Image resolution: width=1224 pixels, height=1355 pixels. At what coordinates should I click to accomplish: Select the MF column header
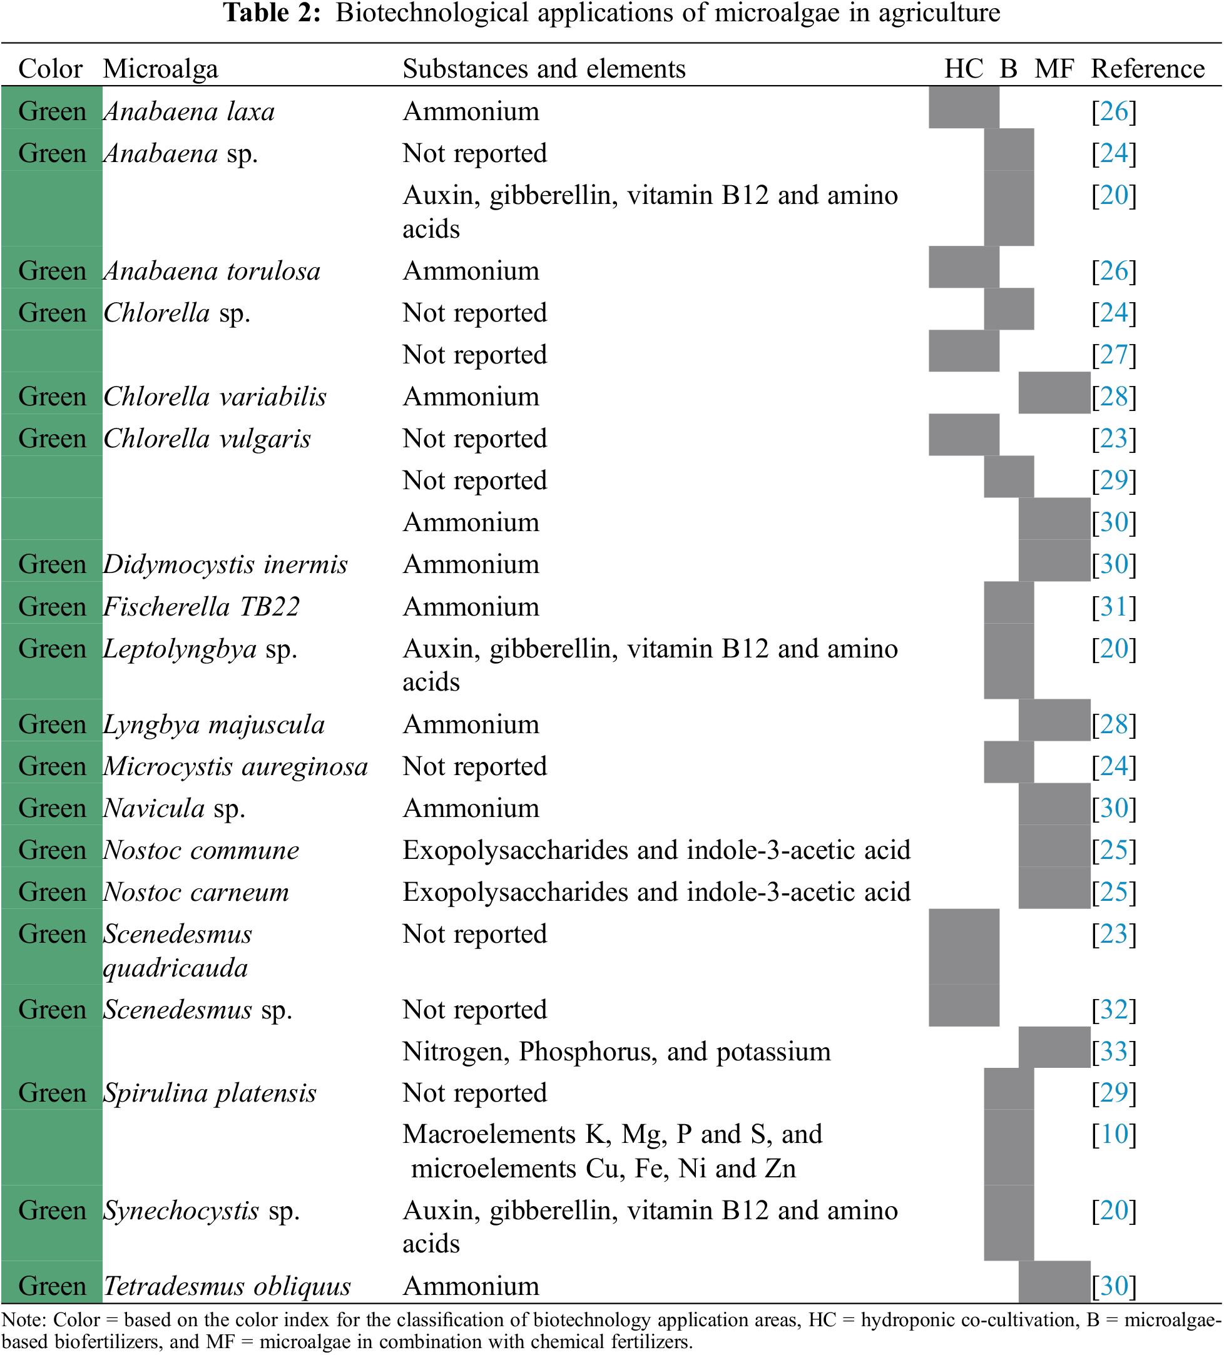click(1054, 69)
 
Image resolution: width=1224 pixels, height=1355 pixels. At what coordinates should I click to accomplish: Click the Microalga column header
click(160, 69)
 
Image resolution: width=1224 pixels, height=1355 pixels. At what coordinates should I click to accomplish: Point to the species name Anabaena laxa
click(189, 111)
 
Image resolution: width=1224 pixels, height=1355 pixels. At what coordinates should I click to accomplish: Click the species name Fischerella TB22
click(201, 607)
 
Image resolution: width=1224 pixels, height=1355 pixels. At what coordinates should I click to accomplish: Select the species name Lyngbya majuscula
click(214, 724)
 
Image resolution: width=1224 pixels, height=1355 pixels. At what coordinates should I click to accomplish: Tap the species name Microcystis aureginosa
click(235, 767)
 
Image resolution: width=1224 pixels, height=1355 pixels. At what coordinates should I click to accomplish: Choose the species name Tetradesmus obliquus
click(227, 1286)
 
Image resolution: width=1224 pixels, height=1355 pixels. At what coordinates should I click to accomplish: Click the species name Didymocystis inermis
click(225, 564)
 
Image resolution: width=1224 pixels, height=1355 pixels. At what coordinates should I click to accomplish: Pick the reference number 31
click(1113, 607)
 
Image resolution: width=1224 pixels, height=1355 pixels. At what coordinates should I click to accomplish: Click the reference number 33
click(1113, 1052)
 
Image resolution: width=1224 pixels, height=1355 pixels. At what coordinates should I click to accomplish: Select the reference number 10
click(1113, 1135)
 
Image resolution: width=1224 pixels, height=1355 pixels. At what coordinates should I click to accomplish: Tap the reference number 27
click(1113, 355)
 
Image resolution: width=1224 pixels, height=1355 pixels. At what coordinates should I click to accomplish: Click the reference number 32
click(1113, 1010)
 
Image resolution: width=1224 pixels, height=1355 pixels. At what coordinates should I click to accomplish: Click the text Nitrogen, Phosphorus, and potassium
click(616, 1052)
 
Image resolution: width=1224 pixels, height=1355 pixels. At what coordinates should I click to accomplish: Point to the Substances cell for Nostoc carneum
click(656, 893)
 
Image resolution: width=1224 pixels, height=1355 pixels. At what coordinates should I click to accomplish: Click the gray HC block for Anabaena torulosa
click(963, 267)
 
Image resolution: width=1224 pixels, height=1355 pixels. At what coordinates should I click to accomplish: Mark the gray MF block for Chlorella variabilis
click(1053, 392)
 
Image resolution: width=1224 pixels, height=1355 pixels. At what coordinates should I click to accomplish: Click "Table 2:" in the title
click(272, 13)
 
